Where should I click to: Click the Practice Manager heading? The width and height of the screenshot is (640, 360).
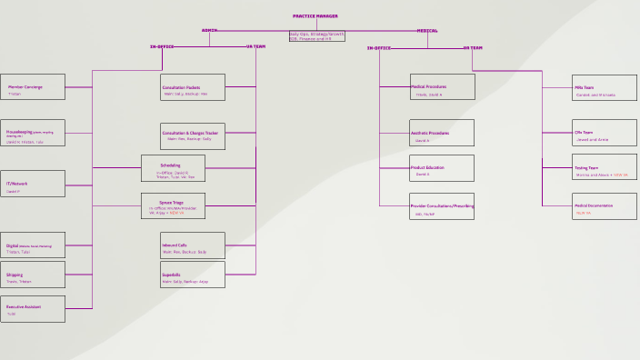(x=315, y=16)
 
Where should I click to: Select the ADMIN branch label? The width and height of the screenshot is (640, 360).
(x=209, y=30)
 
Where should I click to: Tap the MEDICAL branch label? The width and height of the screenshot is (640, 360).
(x=426, y=30)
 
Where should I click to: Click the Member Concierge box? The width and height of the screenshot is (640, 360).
(x=33, y=87)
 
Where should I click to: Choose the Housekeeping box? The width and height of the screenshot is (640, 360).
(x=33, y=133)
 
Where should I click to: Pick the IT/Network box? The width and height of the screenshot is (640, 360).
(x=33, y=184)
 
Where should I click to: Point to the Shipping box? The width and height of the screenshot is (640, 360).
(x=33, y=275)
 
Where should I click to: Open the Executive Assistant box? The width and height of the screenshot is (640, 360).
(x=33, y=309)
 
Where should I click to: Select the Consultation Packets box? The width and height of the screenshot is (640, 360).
(x=193, y=87)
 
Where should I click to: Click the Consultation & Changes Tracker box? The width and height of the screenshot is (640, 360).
(x=193, y=136)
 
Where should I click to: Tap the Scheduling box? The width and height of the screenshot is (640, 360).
(x=173, y=168)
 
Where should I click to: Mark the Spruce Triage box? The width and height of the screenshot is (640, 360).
(x=173, y=206)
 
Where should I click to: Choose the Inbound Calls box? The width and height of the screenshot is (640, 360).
(x=193, y=245)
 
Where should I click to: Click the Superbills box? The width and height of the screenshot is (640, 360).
(x=193, y=275)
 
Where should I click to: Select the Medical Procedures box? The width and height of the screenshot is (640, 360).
(x=442, y=87)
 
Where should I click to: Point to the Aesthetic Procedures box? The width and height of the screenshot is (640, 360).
(x=442, y=133)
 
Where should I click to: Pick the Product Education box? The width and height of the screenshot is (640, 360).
(x=442, y=168)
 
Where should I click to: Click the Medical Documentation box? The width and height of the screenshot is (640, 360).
(x=605, y=206)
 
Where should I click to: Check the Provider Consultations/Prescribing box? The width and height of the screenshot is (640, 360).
(x=442, y=206)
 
